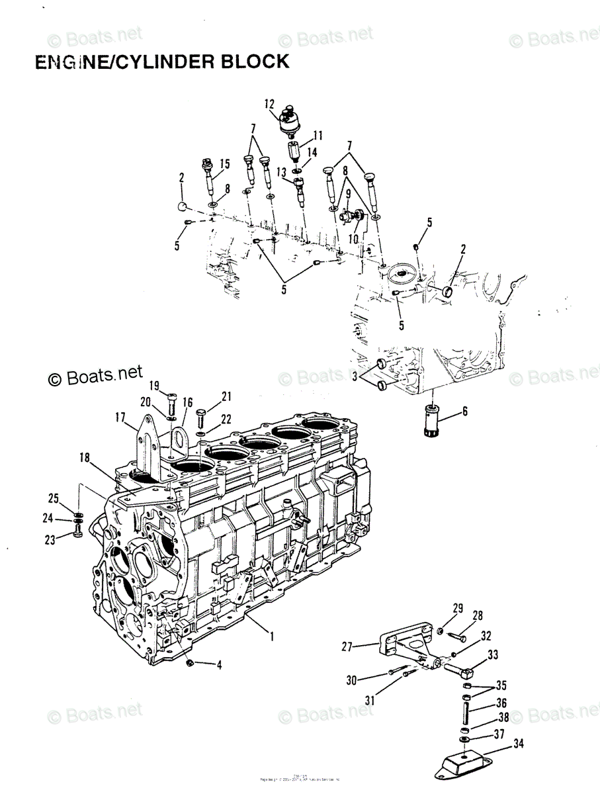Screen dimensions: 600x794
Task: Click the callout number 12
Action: (x=269, y=103)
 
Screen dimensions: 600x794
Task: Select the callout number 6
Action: (x=464, y=411)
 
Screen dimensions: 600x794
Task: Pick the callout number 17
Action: (x=120, y=418)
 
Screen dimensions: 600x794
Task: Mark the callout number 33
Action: (x=492, y=655)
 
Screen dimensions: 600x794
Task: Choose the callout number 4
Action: (x=220, y=665)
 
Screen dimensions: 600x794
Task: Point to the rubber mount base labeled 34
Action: (x=463, y=762)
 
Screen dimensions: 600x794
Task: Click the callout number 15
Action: (x=224, y=164)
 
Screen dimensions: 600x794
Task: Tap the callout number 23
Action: (x=50, y=539)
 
